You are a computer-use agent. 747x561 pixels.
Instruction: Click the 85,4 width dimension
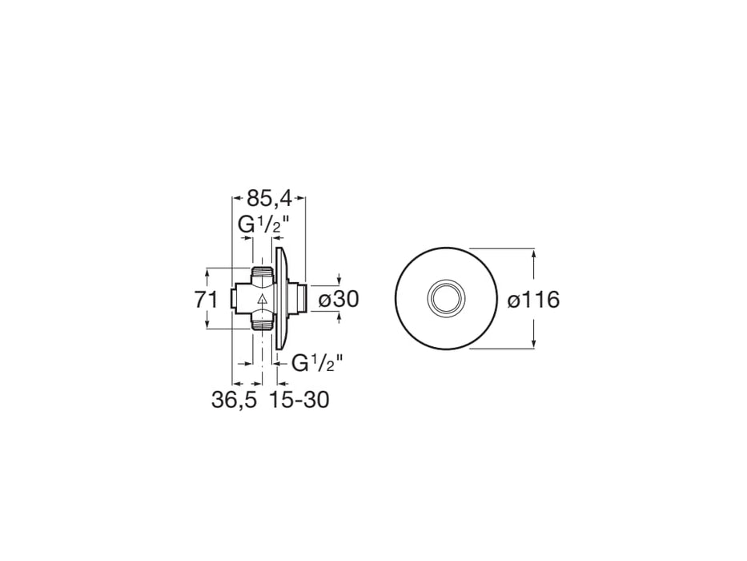pos(269,197)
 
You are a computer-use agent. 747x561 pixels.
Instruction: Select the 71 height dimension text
pos(206,300)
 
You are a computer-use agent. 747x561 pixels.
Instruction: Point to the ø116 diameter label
pos(533,300)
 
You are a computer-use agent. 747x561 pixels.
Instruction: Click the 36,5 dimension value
pos(234,400)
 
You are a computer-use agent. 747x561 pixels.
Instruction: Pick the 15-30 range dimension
pos(299,400)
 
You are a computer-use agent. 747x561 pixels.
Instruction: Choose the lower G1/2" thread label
pos(317,364)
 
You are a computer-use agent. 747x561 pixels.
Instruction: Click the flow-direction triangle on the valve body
pos(262,300)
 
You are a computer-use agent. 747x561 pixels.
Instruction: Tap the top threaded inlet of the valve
pos(263,274)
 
